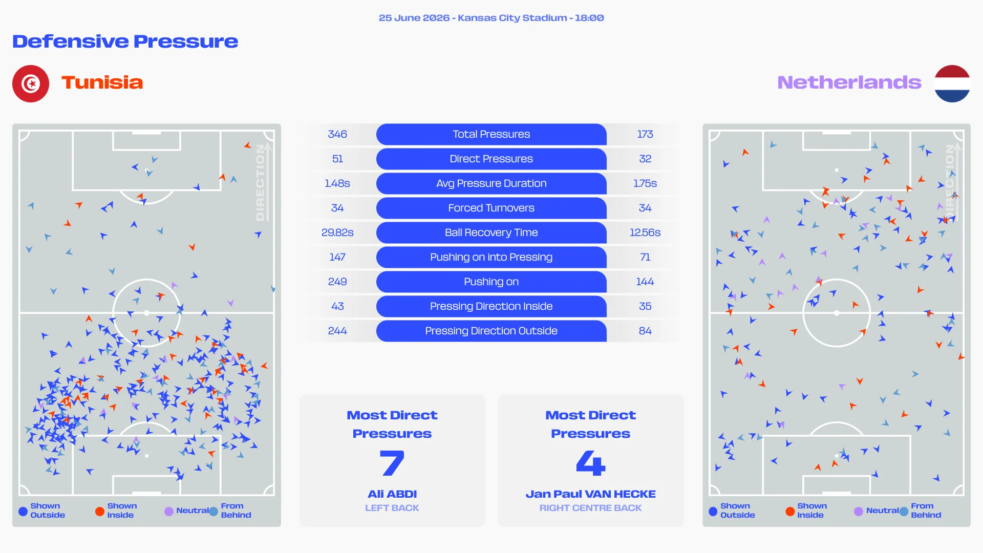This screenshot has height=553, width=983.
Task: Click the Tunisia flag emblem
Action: (x=31, y=83)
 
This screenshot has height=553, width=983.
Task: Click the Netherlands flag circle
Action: (x=952, y=83)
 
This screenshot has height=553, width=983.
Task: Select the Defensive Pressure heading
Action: (x=125, y=41)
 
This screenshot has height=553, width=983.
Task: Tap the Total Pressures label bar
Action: (x=491, y=134)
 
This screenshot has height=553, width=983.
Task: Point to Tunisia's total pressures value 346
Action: (x=337, y=134)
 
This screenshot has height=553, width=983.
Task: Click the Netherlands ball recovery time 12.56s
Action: (x=645, y=232)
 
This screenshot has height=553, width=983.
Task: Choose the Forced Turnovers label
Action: (x=491, y=208)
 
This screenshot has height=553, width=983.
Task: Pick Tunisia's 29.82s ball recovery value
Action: (x=337, y=232)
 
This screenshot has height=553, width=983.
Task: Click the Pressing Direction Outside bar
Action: (x=491, y=331)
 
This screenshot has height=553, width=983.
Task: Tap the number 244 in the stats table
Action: (x=337, y=331)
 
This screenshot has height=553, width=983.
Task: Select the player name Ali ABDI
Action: (x=392, y=494)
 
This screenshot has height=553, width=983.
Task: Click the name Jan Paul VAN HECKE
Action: (x=590, y=494)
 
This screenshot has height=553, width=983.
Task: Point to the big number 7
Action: (x=392, y=463)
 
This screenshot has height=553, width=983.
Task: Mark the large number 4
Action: (x=591, y=463)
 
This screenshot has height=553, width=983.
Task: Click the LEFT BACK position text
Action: (x=392, y=508)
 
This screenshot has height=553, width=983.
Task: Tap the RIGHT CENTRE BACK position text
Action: (x=590, y=508)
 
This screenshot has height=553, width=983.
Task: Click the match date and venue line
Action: (x=491, y=18)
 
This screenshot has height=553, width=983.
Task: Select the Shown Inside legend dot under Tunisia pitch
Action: (x=100, y=511)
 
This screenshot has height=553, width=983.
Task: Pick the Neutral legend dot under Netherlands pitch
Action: (x=859, y=511)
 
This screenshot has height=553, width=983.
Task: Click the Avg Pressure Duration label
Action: (x=491, y=183)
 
